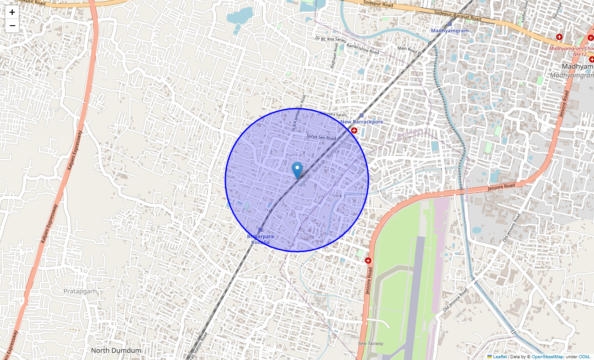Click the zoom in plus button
click(x=12, y=12)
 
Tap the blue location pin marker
click(x=297, y=170)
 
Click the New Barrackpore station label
click(x=362, y=122)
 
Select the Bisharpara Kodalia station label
click(x=261, y=239)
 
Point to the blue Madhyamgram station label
click(x=450, y=31)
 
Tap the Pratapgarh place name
click(x=80, y=291)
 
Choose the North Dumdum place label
click(x=116, y=350)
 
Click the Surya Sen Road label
click(x=321, y=137)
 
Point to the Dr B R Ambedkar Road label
click(x=298, y=113)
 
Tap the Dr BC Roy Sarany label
click(x=331, y=40)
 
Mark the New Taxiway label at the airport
click(x=371, y=343)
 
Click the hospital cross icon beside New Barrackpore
click(x=354, y=130)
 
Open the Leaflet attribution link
click(x=499, y=356)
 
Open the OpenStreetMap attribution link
click(x=547, y=356)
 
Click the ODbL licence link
click(x=584, y=356)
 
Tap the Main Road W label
click(x=409, y=49)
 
